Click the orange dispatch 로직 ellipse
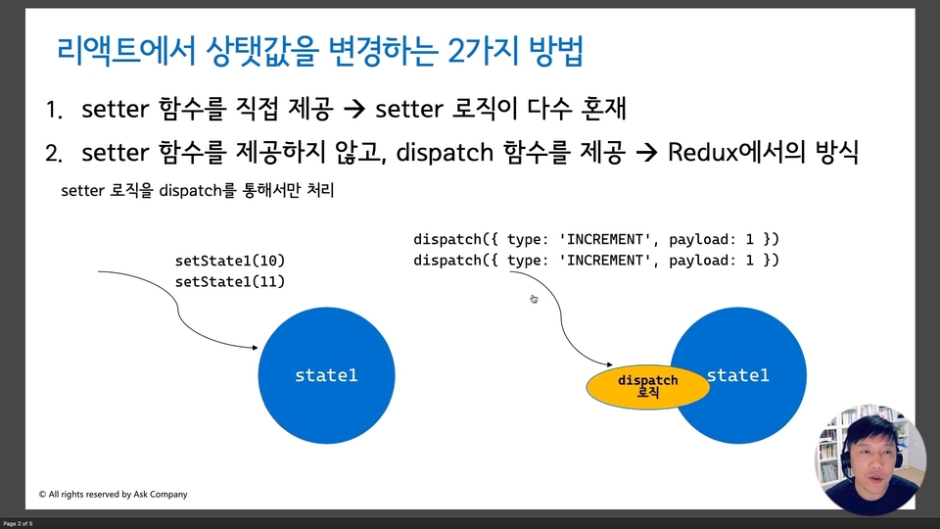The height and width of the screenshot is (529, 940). coord(648,387)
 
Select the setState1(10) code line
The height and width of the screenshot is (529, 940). coord(230,261)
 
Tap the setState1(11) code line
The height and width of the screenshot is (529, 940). coord(230,282)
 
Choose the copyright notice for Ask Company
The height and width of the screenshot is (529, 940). coord(114,494)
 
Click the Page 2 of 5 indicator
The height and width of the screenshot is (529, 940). coord(18,523)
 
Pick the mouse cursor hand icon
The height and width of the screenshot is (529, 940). coord(534,299)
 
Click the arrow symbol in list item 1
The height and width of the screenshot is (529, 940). coord(354,109)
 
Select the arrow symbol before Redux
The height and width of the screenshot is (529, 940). coord(647,153)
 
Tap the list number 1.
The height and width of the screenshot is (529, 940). coord(53,111)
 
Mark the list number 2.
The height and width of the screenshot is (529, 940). coord(53,154)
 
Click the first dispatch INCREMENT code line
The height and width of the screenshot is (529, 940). coord(596,239)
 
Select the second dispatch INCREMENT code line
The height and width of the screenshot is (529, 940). coord(596,261)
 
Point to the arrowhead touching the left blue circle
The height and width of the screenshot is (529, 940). coord(255,347)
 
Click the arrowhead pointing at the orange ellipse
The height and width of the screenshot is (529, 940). coord(609,364)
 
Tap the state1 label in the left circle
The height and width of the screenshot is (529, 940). coord(326,375)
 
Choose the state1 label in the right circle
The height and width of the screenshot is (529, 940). coord(738,375)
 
